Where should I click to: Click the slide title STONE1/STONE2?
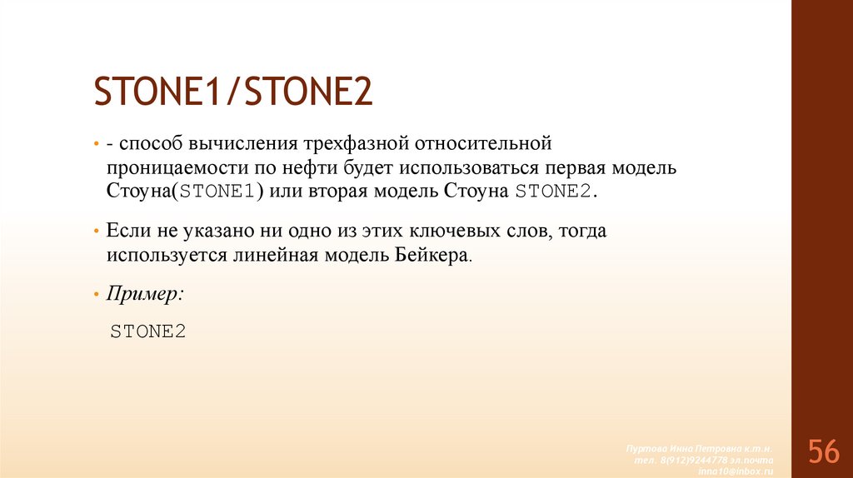click(x=232, y=92)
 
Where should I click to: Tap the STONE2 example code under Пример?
click(x=147, y=331)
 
